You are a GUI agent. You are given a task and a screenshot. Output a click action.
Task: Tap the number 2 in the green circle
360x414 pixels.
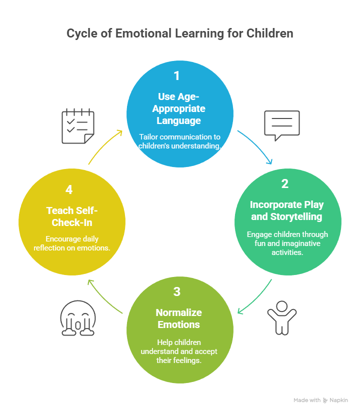click(x=284, y=183)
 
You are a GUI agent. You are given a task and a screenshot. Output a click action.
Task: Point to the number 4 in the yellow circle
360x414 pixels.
click(x=69, y=189)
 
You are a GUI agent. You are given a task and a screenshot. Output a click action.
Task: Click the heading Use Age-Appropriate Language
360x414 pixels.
click(x=179, y=108)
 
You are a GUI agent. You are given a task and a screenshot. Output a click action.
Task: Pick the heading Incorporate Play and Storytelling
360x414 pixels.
click(x=287, y=210)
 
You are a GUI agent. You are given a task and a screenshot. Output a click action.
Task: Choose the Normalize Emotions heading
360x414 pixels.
click(x=178, y=318)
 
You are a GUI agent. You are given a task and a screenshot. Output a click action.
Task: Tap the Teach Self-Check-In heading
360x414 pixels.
click(x=71, y=216)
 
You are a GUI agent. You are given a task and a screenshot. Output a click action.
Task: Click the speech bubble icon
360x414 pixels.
click(x=282, y=125)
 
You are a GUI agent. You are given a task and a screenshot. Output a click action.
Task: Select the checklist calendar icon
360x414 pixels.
click(x=77, y=126)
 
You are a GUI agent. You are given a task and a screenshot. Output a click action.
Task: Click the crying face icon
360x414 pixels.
click(x=77, y=318)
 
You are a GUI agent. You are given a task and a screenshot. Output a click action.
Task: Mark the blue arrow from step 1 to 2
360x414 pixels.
click(x=256, y=147)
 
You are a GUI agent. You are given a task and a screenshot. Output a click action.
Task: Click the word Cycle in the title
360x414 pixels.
click(x=83, y=34)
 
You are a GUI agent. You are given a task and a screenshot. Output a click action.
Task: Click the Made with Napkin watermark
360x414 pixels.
click(x=320, y=400)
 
